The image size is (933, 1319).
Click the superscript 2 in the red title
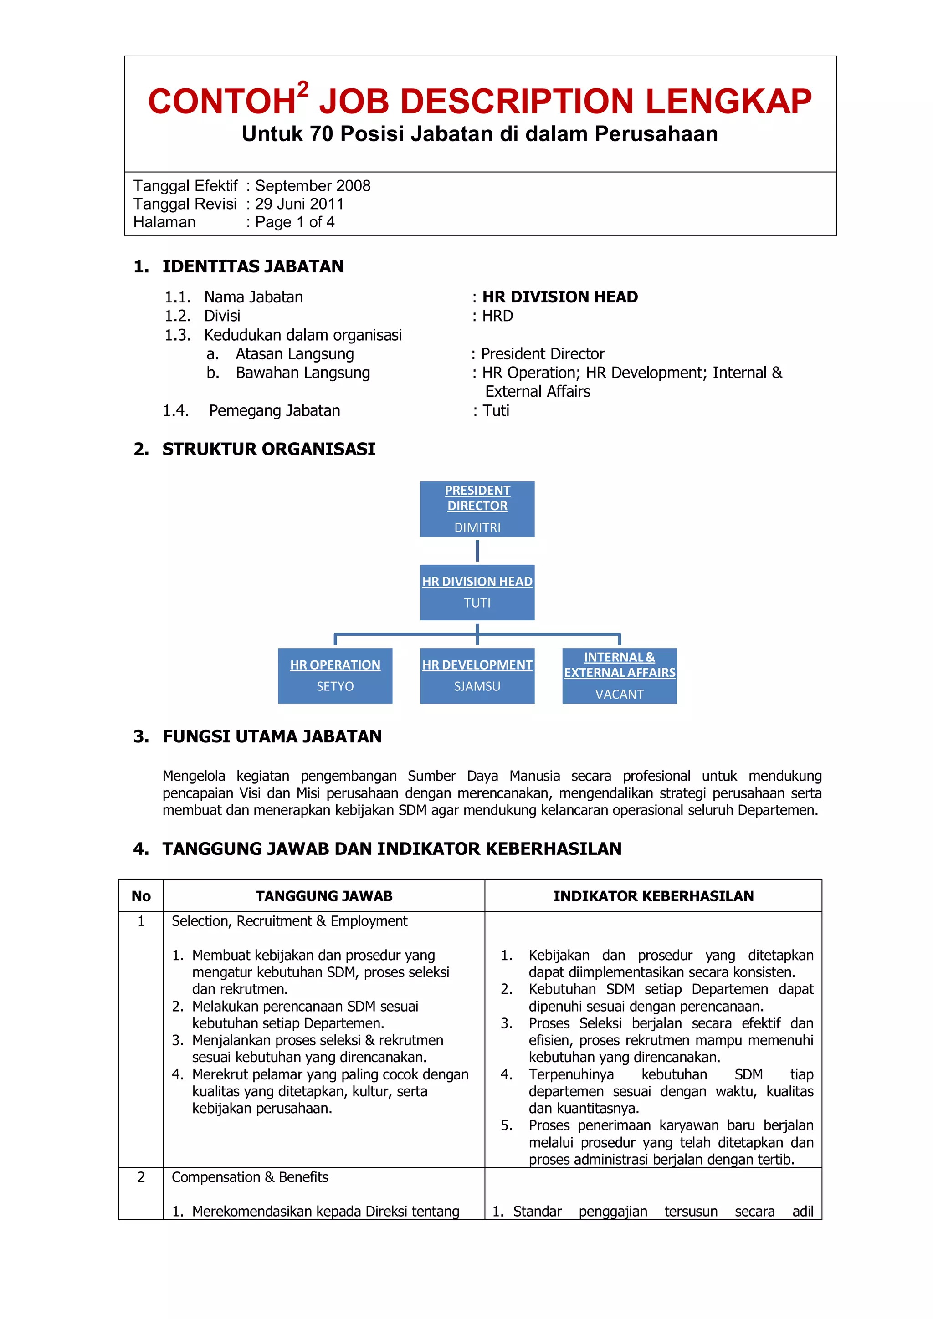tap(303, 89)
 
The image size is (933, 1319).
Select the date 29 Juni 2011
tap(299, 204)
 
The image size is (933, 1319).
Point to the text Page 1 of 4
tap(294, 222)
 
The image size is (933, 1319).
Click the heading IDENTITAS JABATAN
tap(253, 266)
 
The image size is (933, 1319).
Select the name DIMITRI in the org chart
tap(477, 527)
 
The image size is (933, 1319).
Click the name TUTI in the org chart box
tap(477, 603)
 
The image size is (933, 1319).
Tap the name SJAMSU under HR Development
tap(477, 686)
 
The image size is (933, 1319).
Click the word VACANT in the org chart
tap(619, 694)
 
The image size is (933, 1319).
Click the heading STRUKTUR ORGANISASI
tap(268, 449)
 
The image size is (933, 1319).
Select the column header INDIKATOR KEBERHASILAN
tap(653, 896)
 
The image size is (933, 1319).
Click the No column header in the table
tap(141, 896)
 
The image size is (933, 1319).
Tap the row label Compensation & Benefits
tap(250, 1177)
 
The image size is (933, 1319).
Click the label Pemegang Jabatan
tap(274, 411)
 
